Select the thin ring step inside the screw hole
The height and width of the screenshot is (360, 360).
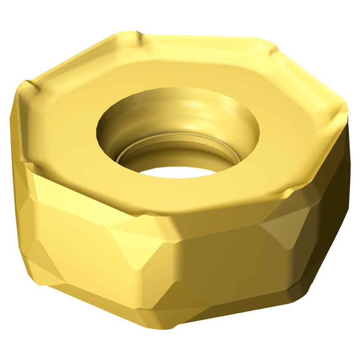tap(177, 141)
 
